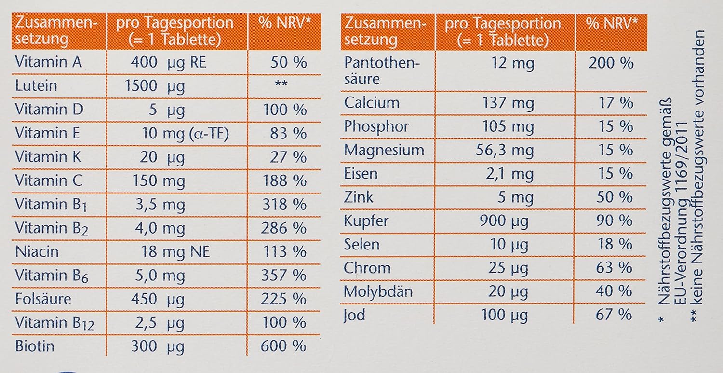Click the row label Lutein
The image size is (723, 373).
(x=36, y=86)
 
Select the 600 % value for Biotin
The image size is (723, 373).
(x=283, y=346)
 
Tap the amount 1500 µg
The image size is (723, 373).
(x=154, y=86)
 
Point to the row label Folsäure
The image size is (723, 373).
(x=43, y=299)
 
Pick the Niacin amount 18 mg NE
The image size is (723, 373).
(x=175, y=251)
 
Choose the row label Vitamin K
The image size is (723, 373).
(x=48, y=157)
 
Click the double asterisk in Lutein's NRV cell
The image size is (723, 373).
(x=281, y=85)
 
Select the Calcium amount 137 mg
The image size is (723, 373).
(x=508, y=103)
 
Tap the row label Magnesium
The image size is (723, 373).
(x=384, y=150)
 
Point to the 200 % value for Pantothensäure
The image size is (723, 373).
(x=611, y=63)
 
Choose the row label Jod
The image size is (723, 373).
(x=354, y=315)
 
